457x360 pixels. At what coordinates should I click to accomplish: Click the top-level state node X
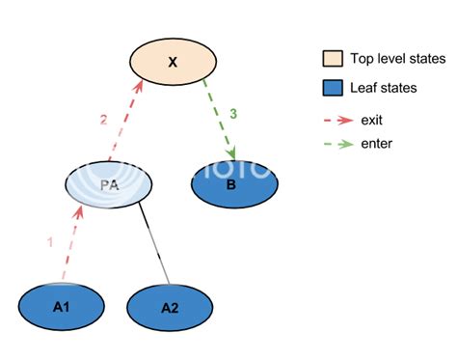tap(173, 62)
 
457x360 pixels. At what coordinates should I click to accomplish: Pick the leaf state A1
tap(62, 306)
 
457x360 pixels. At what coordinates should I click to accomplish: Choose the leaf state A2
tap(169, 308)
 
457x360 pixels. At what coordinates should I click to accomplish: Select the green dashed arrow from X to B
tap(220, 120)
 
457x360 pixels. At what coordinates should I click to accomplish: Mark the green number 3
tap(232, 114)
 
